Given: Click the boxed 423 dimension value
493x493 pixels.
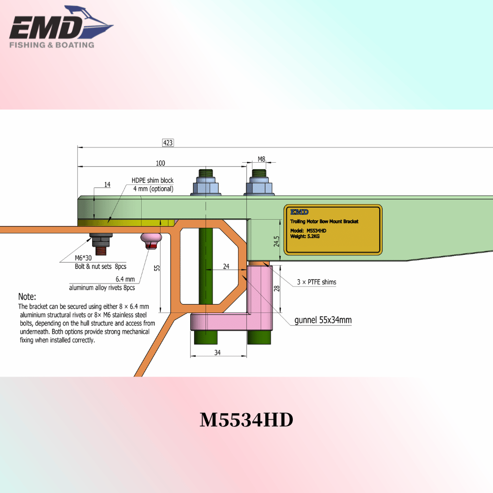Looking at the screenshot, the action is [x=168, y=143].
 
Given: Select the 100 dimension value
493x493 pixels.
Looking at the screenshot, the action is [x=160, y=163].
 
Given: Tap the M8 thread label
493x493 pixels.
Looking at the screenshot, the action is [x=261, y=159].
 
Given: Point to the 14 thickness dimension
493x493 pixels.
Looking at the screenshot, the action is [x=107, y=184].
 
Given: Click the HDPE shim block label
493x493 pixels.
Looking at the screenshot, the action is [x=152, y=180].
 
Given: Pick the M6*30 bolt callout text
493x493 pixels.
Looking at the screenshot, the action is [x=83, y=258].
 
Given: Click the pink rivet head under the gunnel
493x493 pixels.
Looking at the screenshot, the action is [x=151, y=241].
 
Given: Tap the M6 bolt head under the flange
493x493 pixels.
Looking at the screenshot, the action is [x=101, y=240].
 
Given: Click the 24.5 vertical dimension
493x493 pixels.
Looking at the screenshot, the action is [x=277, y=241].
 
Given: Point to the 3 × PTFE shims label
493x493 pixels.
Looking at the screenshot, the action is [x=317, y=282].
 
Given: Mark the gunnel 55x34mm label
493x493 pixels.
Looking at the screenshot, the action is [x=323, y=320].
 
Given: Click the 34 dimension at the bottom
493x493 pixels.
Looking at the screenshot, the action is [x=217, y=352].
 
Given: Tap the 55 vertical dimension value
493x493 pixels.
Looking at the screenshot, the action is [x=157, y=268].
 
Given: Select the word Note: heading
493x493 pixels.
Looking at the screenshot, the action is [x=27, y=296].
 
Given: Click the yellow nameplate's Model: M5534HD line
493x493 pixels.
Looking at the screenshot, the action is [x=308, y=230].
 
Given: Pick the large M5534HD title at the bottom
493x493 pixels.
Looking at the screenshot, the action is [x=246, y=420].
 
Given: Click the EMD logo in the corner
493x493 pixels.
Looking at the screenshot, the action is [x=61, y=27].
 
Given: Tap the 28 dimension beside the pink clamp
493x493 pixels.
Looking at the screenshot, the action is [x=277, y=288].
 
